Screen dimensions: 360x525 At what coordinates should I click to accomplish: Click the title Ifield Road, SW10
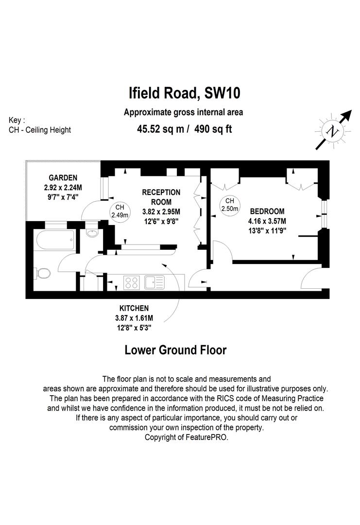tap(184, 93)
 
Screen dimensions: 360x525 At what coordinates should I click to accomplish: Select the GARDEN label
tap(63, 178)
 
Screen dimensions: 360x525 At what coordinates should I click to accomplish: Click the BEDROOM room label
tap(267, 211)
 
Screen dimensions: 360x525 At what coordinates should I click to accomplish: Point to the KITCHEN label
tap(134, 308)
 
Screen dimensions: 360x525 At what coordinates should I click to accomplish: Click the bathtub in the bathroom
tap(55, 240)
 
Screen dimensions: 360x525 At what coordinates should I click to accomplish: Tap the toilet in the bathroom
tap(42, 273)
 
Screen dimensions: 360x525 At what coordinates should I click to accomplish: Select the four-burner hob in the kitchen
tap(132, 282)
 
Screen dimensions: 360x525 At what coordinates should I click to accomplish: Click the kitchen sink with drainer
tap(154, 282)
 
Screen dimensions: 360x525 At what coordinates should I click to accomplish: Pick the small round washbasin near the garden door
tap(91, 233)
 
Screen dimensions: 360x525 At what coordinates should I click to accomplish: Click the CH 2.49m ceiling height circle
tap(120, 211)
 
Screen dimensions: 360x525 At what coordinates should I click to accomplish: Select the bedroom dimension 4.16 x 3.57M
tap(267, 221)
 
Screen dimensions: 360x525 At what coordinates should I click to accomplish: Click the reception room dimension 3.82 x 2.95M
tap(161, 211)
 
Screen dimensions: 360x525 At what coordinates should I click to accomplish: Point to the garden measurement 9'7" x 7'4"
tap(63, 197)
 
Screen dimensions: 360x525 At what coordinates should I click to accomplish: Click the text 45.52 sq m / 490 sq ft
tap(184, 129)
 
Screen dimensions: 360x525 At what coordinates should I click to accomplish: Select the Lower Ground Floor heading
tap(175, 350)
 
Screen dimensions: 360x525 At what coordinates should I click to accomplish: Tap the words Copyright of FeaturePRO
tap(187, 437)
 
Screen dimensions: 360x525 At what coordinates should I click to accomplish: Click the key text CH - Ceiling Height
tap(40, 130)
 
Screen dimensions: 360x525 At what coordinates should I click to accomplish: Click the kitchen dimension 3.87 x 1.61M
tap(134, 318)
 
